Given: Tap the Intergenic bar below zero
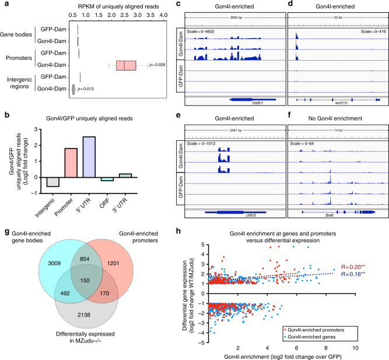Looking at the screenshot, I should (x=53, y=182).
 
